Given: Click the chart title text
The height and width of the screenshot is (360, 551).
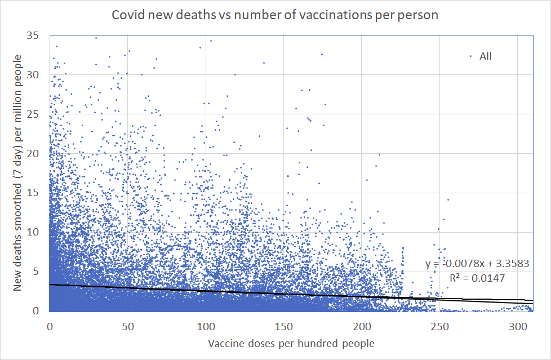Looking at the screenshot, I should point(275,15).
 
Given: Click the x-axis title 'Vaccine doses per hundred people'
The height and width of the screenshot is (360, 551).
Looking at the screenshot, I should point(291,343).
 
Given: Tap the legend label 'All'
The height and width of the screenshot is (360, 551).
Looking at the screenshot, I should point(486,56).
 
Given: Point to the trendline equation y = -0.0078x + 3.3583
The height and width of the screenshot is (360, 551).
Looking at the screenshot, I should point(477,264).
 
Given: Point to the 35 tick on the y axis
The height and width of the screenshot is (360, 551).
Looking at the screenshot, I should point(38,35).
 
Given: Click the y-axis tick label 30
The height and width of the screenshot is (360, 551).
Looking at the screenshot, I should point(38,75).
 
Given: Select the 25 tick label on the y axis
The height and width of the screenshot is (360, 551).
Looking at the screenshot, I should point(38,114).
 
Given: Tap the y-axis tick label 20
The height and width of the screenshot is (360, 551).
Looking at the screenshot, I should point(38,153).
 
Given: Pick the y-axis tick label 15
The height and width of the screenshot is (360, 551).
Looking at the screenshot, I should point(38,193).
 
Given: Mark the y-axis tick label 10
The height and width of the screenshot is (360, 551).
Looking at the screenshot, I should point(38,232).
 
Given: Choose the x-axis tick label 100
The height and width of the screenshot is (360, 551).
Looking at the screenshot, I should point(206,327).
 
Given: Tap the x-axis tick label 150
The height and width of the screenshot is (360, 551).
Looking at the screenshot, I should point(284,327).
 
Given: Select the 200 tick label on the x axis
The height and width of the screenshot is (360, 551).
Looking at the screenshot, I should point(362,327).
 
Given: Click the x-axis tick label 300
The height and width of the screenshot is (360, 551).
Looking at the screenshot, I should point(518,327).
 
